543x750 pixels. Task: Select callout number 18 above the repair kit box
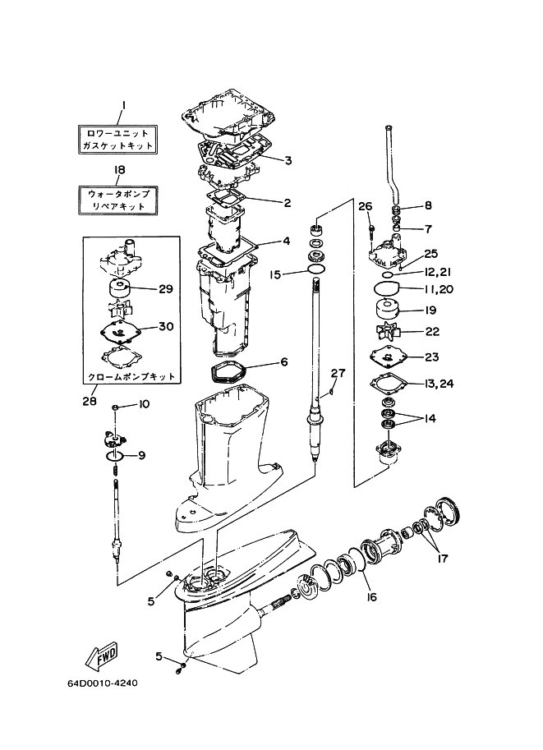click(x=119, y=170)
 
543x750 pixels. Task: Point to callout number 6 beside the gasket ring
click(x=283, y=361)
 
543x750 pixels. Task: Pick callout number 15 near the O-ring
click(x=275, y=274)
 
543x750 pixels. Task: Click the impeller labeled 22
click(x=386, y=332)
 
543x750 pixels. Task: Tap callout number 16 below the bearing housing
click(x=371, y=596)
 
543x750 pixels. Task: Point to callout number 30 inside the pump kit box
click(x=166, y=326)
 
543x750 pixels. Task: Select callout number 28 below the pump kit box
click(x=89, y=401)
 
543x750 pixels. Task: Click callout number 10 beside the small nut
click(x=145, y=403)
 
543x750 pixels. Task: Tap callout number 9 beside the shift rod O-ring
click(x=140, y=455)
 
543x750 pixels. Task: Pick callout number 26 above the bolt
click(x=366, y=205)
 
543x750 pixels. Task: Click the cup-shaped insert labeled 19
click(x=386, y=312)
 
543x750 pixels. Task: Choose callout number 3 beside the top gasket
click(x=288, y=159)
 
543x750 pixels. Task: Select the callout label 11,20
click(x=439, y=289)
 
